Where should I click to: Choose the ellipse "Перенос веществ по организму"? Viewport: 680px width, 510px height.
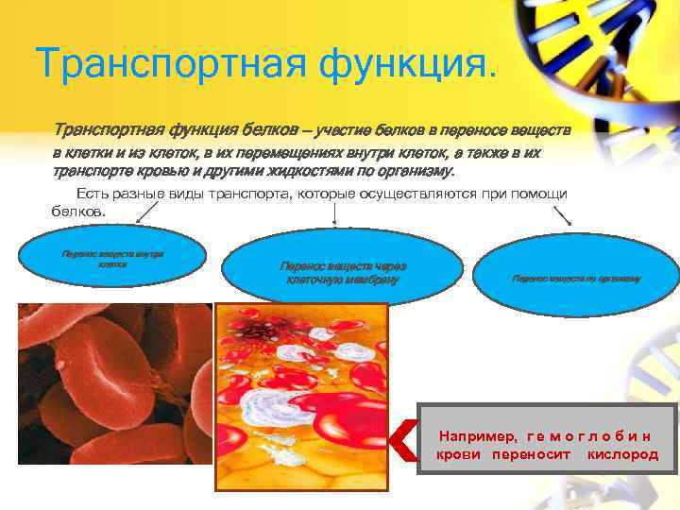[576, 279]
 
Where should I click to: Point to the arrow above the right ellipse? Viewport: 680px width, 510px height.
[563, 215]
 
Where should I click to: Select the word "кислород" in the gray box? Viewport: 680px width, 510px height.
[622, 454]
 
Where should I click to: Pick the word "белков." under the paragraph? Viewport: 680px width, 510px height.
[79, 212]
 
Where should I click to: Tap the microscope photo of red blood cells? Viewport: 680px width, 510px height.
[113, 382]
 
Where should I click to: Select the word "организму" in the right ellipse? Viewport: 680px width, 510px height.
[618, 279]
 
